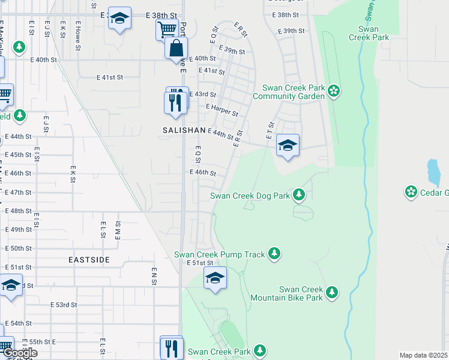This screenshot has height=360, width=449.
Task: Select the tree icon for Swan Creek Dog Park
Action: pyautogui.click(x=298, y=194)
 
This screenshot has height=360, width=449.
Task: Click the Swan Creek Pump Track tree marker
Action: pyautogui.click(x=274, y=254)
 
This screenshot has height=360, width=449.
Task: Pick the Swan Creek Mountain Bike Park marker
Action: pyautogui.click(x=331, y=293)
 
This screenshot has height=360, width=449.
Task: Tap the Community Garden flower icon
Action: pyautogui.click(x=334, y=91)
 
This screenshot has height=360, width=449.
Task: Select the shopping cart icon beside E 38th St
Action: pyautogui.click(x=167, y=29)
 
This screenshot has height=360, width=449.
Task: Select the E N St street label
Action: pyautogui.click(x=154, y=277)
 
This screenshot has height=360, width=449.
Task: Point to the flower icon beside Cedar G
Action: pyautogui.click(x=411, y=192)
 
